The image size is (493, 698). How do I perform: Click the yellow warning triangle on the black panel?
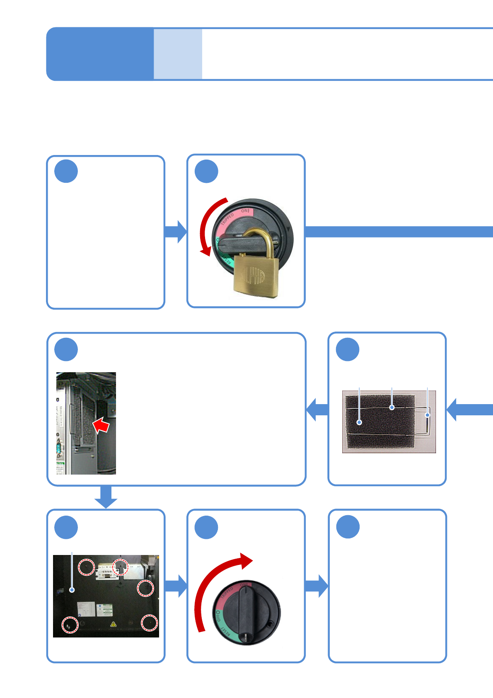tap(113, 624)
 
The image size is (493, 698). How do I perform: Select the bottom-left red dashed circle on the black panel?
tap(70, 625)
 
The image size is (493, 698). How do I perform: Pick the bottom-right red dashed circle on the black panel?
tap(149, 623)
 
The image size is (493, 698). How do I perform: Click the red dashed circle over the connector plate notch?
tap(120, 566)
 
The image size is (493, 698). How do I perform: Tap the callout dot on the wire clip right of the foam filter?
tap(428, 415)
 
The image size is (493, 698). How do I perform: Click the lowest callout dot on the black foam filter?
tap(360, 422)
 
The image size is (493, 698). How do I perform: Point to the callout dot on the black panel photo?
tap(72, 590)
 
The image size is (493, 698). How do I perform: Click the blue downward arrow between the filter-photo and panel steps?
tap(106, 497)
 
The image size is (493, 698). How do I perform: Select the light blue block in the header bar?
tap(178, 54)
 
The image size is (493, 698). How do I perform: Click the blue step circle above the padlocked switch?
tap(206, 171)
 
